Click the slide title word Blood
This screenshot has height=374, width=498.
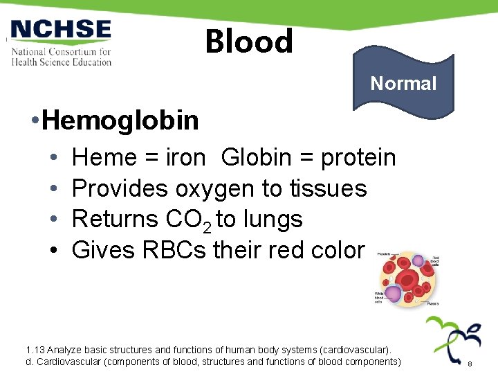[249, 42]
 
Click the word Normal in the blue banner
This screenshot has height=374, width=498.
[403, 84]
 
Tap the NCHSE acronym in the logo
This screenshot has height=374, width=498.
[61, 30]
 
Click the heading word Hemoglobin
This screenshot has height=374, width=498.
[120, 121]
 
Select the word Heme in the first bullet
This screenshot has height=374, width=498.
[104, 158]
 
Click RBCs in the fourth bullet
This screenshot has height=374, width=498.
[173, 249]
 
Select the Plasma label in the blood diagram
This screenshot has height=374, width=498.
[434, 303]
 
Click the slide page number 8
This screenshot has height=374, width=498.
[470, 364]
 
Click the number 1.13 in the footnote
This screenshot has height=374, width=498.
[35, 349]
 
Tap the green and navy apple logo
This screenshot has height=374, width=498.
[453, 339]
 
